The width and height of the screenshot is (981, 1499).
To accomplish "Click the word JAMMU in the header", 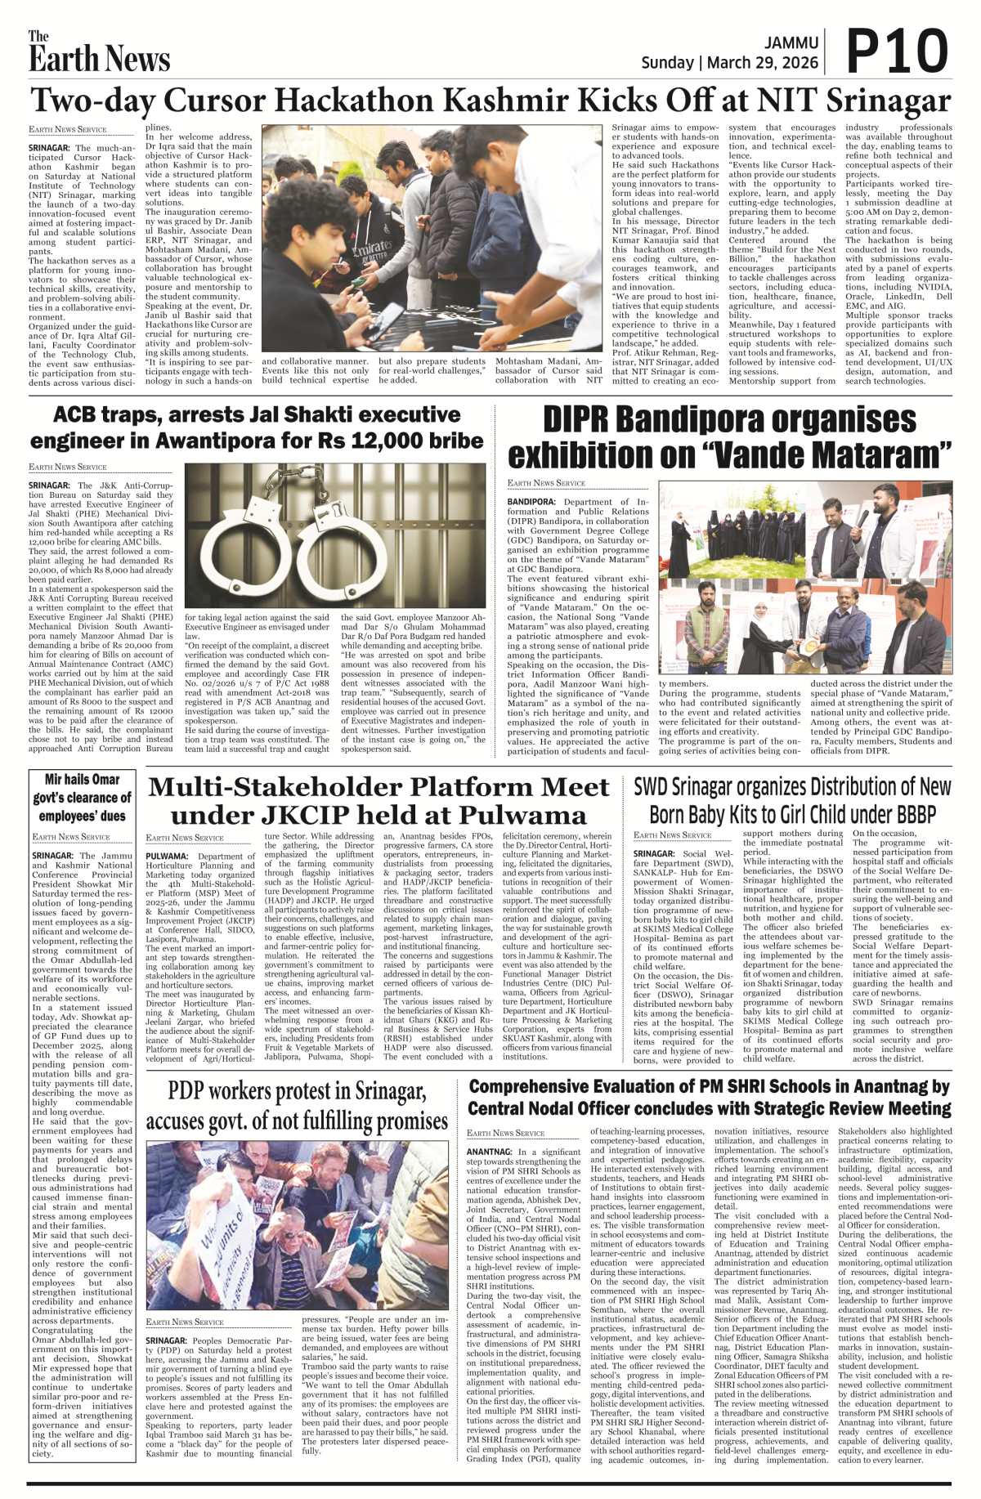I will pyautogui.click(x=791, y=43).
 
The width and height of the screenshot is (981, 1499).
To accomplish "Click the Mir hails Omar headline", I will pyautogui.click(x=82, y=797).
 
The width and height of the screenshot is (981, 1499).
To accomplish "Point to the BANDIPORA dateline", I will pyautogui.click(x=531, y=502).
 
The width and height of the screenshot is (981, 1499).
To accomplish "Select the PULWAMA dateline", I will pyautogui.click(x=167, y=856).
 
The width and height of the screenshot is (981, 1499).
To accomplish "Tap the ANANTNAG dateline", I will pyautogui.click(x=490, y=1152).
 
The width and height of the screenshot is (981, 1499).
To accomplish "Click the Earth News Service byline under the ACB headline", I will pyautogui.click(x=68, y=467).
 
